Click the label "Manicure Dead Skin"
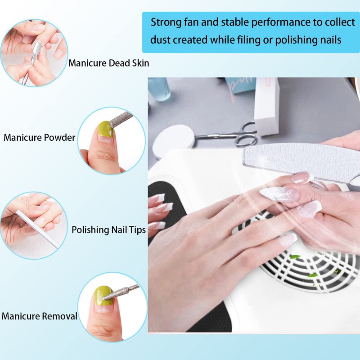click(x=108, y=63)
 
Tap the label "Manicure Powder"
click(x=39, y=138)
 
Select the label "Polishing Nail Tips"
click(x=108, y=230)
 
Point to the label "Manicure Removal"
click(x=39, y=316)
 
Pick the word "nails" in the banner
click(x=329, y=40)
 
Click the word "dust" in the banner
click(x=161, y=40)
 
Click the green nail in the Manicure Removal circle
click(x=103, y=296)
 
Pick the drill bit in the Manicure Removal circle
click(x=121, y=292)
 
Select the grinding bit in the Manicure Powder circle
click(x=121, y=119)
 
